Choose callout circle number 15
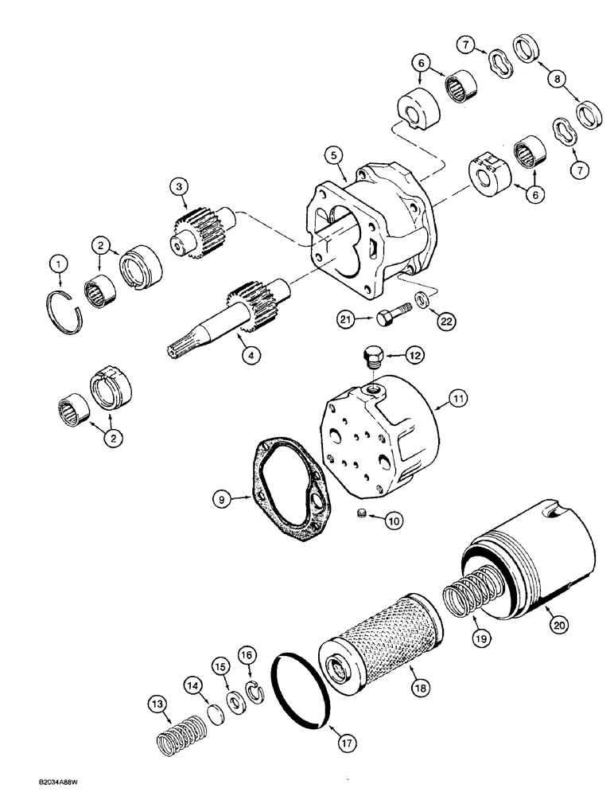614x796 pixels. (x=220, y=665)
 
